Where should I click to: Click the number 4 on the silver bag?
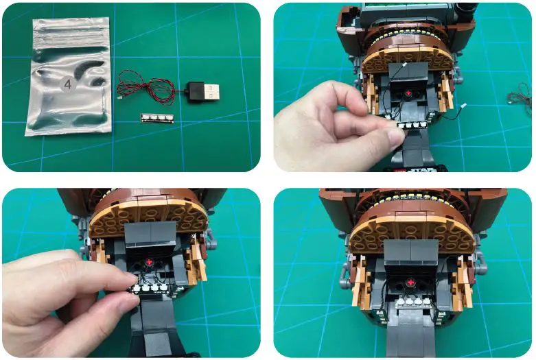(x=68, y=84)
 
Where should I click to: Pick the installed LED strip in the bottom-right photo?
(x=410, y=301)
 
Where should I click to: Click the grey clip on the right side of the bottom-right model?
(x=480, y=259)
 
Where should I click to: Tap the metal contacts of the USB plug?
(x=214, y=89)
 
